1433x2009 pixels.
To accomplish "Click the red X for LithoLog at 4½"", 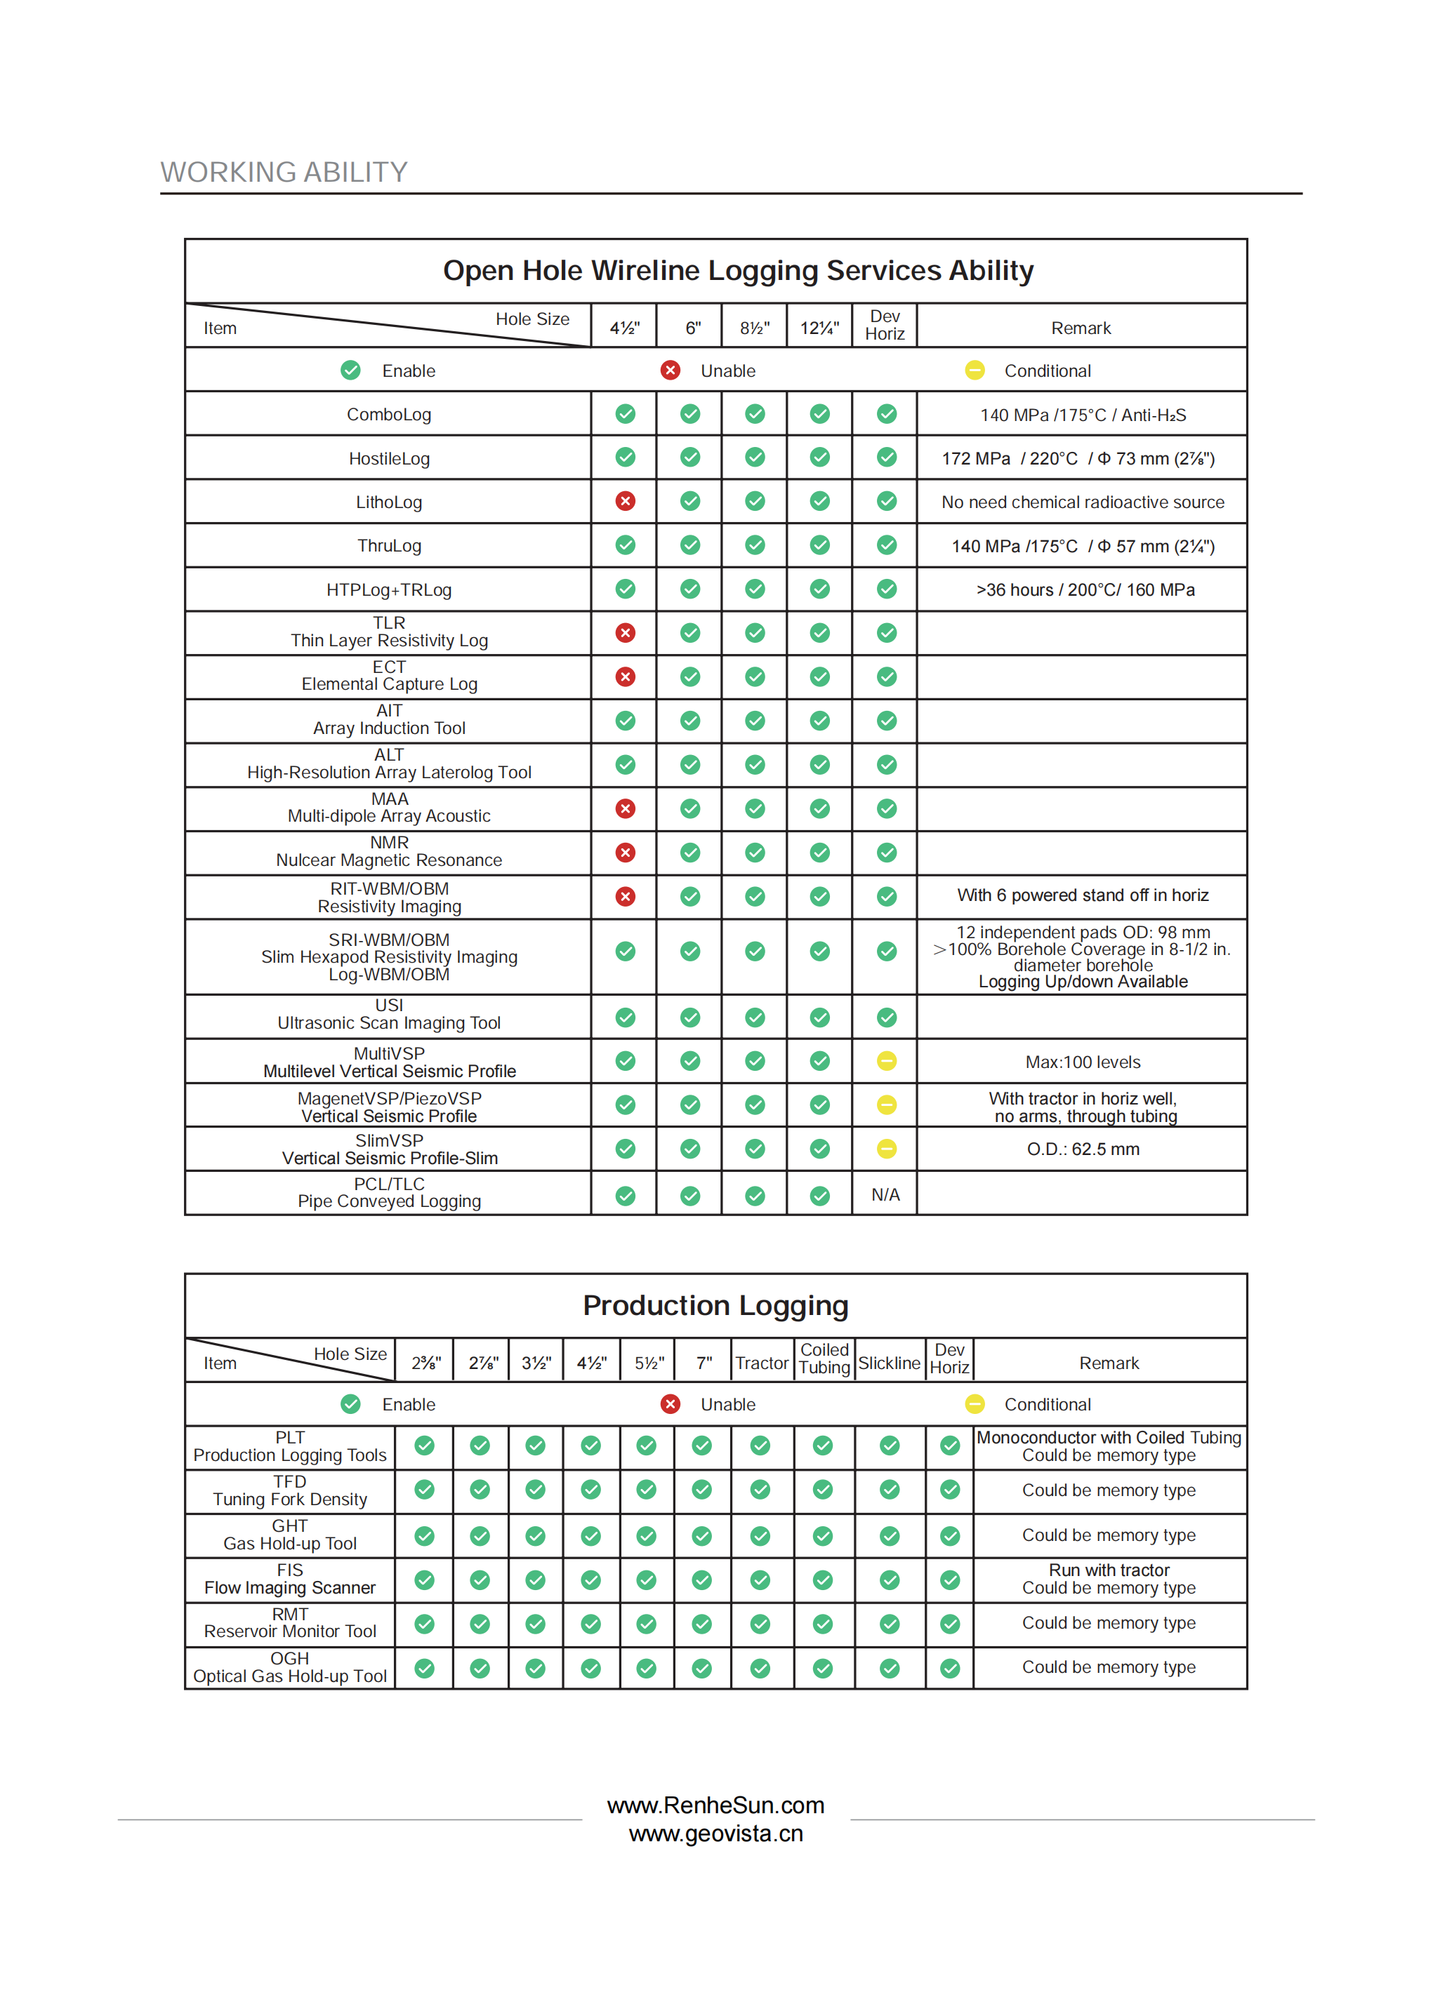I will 625,501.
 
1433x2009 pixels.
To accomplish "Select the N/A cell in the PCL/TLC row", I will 885,1195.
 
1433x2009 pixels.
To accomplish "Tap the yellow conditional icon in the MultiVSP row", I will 886,1061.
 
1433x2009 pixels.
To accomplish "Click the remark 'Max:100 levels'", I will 1082,1062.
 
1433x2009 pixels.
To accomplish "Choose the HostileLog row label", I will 389,459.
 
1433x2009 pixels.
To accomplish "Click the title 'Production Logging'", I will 715,1305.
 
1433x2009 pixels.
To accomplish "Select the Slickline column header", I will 889,1363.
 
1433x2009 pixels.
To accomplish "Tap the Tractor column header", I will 762,1363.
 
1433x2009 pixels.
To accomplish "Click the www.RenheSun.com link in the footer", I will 715,1806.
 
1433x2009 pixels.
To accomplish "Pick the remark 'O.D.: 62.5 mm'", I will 1083,1149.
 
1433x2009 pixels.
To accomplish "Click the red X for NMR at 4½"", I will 625,853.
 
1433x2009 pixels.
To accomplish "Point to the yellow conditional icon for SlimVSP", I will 886,1148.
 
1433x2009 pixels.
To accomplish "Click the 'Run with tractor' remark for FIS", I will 1109,1570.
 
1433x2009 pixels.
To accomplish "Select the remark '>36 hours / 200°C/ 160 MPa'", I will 1085,590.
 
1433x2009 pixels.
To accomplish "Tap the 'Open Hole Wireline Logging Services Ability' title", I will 738,271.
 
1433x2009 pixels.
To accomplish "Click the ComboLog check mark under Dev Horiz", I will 886,413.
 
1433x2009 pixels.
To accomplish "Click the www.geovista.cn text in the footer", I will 715,1834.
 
